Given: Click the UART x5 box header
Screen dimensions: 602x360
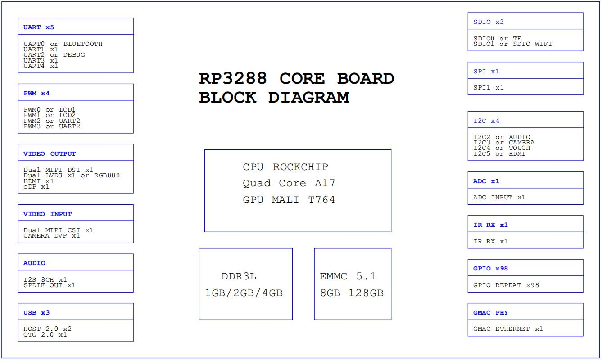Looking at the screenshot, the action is click(39, 27).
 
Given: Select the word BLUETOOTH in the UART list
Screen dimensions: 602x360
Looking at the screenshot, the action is click(83, 44).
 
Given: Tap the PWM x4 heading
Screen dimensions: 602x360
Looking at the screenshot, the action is click(36, 94).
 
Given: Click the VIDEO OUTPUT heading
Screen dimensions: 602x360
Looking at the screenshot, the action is click(50, 153).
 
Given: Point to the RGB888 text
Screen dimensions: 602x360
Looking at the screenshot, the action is click(107, 175).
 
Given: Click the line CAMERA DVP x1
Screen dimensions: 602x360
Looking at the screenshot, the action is click(52, 236).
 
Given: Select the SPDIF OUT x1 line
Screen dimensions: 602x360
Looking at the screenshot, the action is click(50, 285).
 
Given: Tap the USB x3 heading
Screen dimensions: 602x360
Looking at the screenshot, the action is click(36, 312).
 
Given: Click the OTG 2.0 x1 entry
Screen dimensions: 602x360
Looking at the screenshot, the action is click(45, 334).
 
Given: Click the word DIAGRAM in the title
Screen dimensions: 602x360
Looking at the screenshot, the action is click(308, 97).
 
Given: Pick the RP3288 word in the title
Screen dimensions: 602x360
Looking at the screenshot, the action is click(233, 78).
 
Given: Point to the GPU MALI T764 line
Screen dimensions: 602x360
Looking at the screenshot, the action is click(289, 200).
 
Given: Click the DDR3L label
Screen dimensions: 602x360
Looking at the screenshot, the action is click(239, 276).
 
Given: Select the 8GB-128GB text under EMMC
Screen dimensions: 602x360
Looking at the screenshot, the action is click(352, 293).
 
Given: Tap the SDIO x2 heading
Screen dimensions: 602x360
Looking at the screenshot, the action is click(489, 22).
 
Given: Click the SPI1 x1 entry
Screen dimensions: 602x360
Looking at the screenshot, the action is click(489, 88).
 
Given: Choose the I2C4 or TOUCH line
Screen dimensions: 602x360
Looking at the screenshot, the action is click(502, 148).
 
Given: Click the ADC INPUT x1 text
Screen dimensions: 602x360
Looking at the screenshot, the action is click(499, 198).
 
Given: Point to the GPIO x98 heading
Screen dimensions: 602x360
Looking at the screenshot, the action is click(491, 268).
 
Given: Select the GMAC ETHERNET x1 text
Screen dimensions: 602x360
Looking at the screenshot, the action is click(508, 329).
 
